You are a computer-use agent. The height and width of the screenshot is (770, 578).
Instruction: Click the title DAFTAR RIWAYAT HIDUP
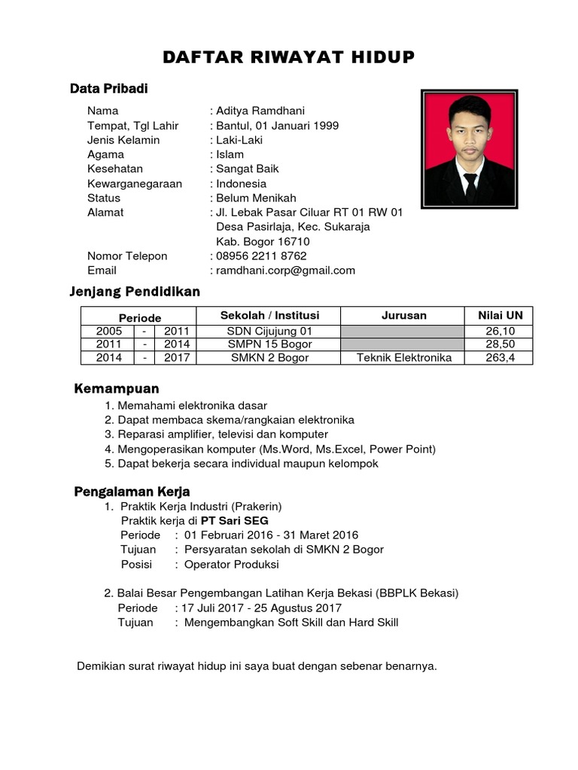click(289, 58)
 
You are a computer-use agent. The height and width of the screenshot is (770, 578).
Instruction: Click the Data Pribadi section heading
click(109, 89)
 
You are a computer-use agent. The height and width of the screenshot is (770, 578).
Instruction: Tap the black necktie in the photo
click(470, 184)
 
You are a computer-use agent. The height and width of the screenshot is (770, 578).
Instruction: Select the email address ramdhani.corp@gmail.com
click(285, 271)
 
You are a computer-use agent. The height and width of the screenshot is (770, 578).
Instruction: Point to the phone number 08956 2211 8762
click(261, 256)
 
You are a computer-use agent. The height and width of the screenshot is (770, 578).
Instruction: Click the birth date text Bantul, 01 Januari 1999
click(277, 126)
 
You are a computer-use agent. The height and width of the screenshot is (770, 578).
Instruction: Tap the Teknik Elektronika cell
click(404, 358)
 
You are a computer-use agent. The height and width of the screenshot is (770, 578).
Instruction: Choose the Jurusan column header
click(404, 315)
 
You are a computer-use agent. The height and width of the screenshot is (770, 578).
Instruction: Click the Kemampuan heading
click(117, 389)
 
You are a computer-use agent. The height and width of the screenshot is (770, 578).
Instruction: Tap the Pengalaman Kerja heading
click(132, 492)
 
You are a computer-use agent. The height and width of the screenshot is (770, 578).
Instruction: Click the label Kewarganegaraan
click(135, 183)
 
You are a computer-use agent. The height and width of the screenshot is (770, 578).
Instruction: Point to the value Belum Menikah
click(256, 198)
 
